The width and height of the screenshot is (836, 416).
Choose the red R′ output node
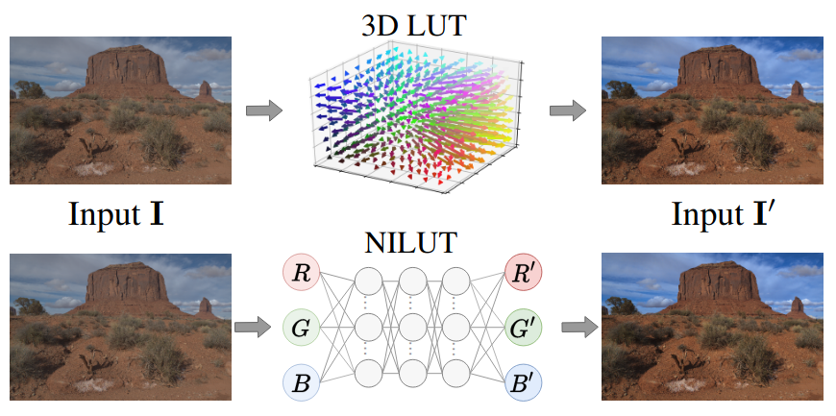[x=524, y=274]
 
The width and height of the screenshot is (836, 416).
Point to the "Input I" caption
[x=115, y=213]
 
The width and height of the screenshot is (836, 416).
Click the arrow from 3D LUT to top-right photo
[x=568, y=111]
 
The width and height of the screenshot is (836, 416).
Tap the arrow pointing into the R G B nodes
[x=252, y=328]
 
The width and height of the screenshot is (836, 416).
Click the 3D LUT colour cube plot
[x=415, y=115]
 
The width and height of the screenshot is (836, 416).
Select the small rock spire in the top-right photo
[x=796, y=89]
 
